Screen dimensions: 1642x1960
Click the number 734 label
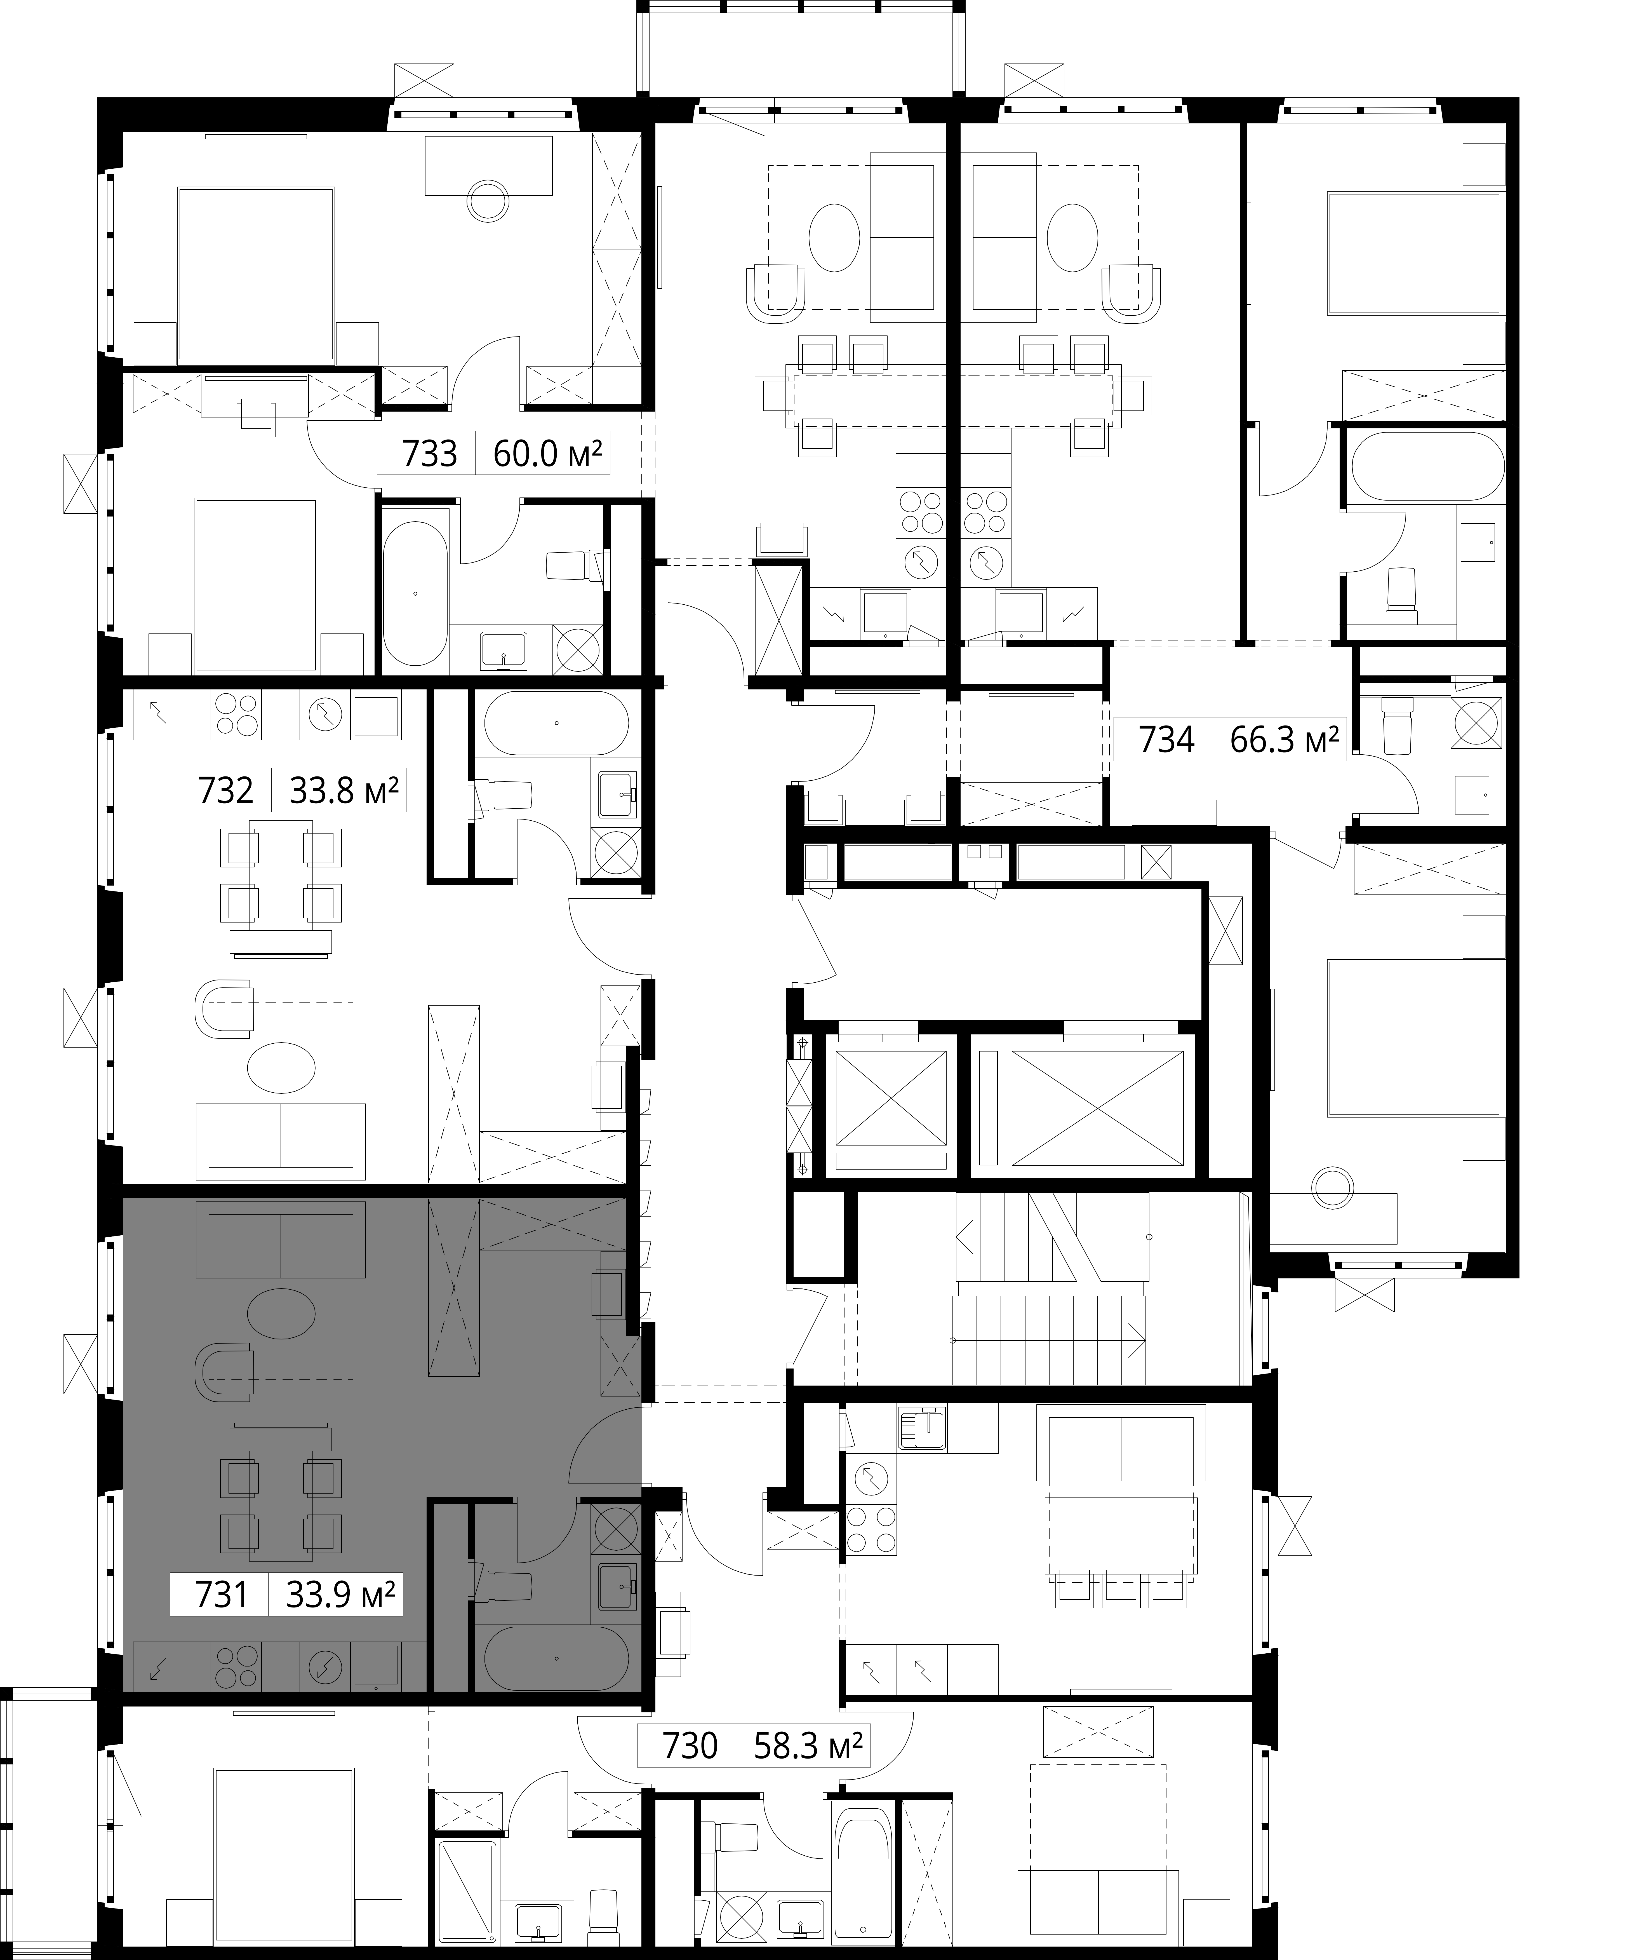1166,740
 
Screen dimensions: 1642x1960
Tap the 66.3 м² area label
1285,740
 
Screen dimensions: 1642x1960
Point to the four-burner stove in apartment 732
236,715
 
